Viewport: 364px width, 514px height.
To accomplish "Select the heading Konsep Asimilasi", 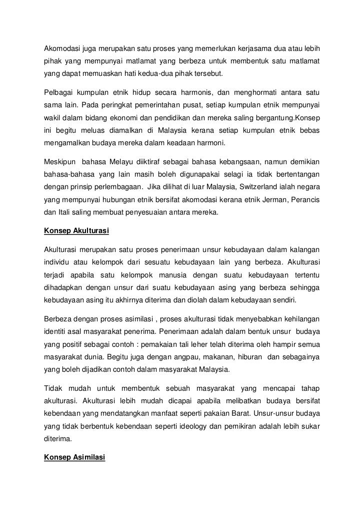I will coord(74,457).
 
